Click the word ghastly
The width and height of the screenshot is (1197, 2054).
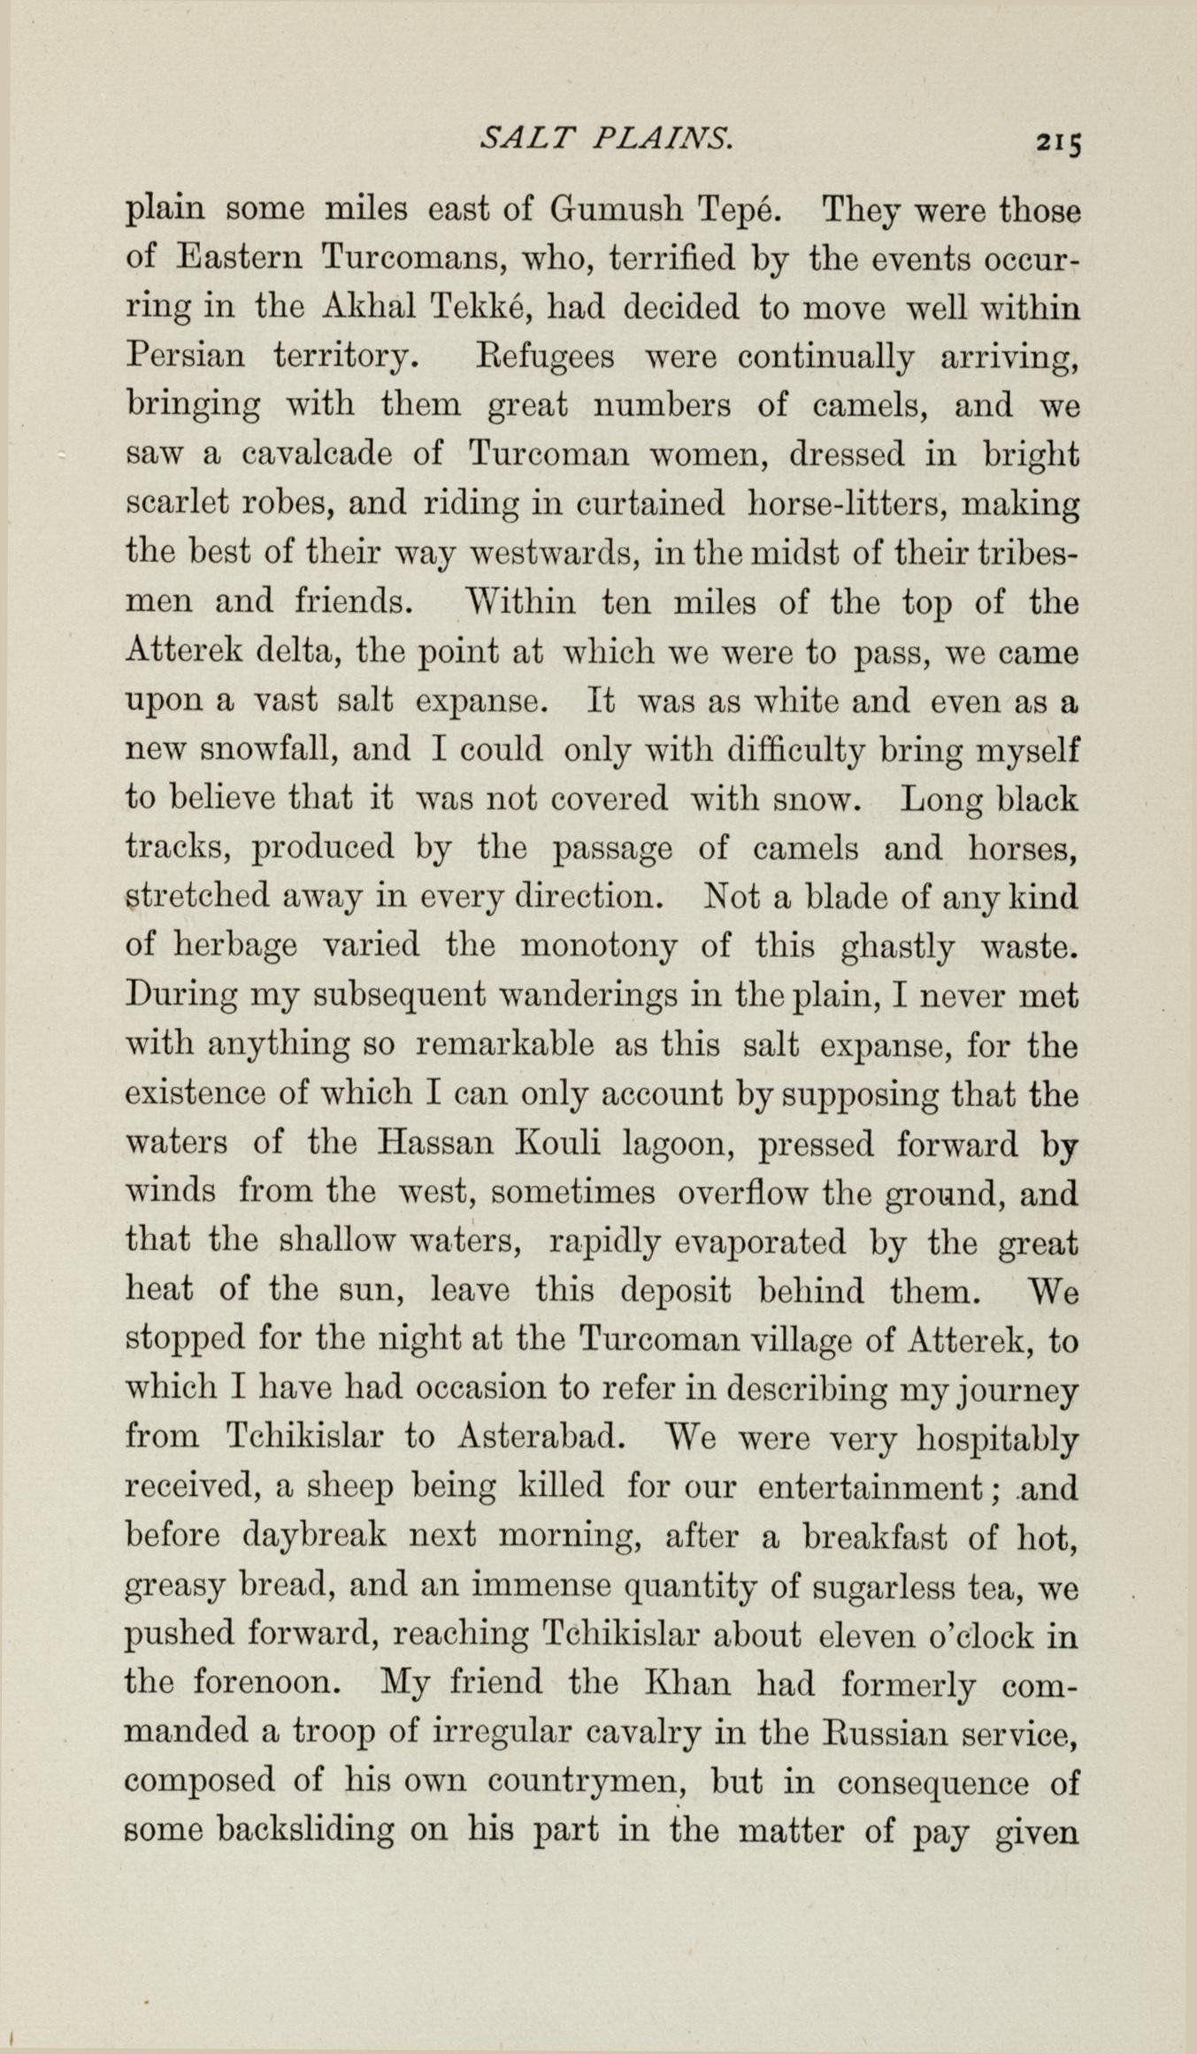coord(896,947)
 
